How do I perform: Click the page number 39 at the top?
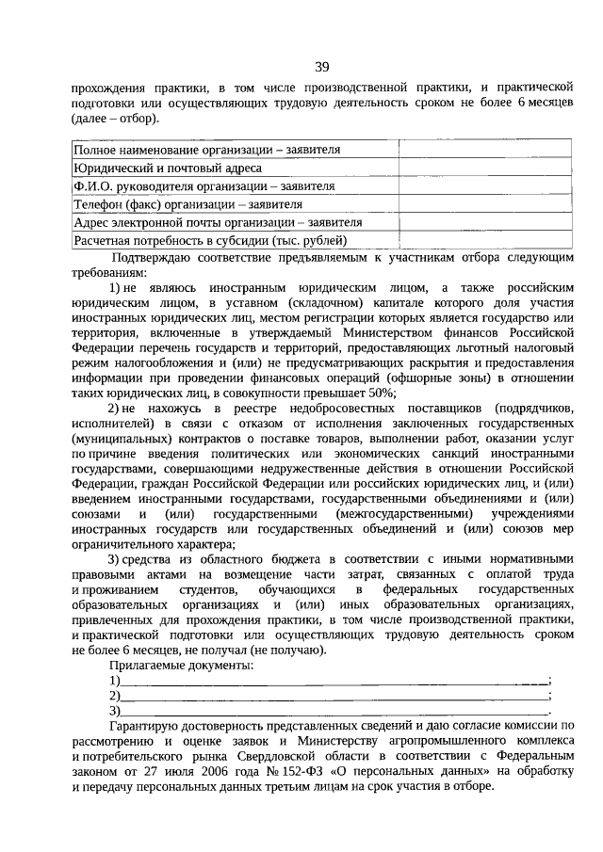coord(321,66)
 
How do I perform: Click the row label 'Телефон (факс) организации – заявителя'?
coord(188,203)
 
